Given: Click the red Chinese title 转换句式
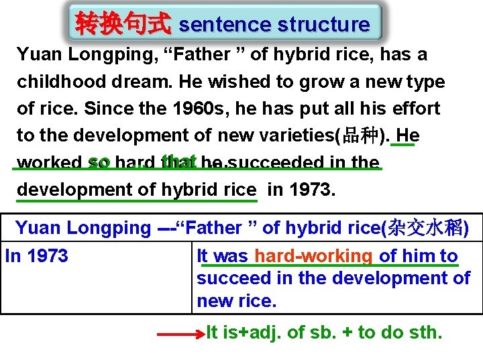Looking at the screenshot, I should [x=123, y=24].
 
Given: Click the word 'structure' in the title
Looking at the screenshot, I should [x=323, y=25].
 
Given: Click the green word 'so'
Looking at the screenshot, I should [x=99, y=162].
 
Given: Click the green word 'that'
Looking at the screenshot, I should [x=178, y=162].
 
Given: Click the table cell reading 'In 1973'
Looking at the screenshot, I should [x=37, y=256].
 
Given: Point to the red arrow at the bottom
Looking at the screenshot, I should [x=182, y=333].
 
